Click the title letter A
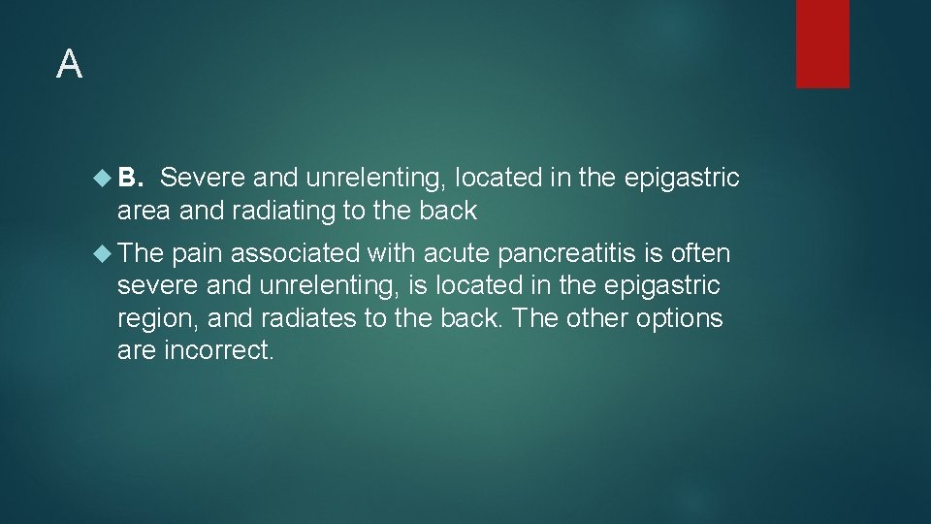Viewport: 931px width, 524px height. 69,65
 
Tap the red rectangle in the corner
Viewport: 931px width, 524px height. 822,44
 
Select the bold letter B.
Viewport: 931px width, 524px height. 131,178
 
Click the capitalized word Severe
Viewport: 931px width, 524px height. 203,178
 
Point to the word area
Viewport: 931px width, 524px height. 144,211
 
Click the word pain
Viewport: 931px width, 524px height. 198,254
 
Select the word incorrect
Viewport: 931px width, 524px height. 220,350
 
